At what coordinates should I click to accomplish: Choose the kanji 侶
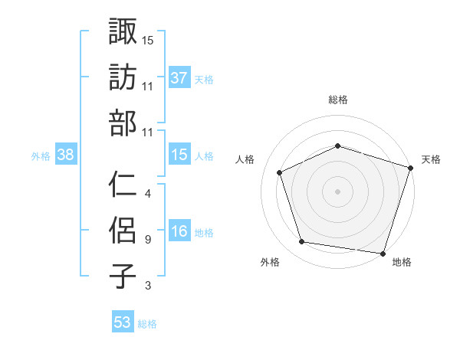123,230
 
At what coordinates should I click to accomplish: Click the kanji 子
123,276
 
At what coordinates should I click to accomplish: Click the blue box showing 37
179,77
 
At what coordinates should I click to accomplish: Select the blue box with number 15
179,155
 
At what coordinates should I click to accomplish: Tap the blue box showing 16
179,231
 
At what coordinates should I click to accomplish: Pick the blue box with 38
66,155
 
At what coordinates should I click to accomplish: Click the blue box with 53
123,322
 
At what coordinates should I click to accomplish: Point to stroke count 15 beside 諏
148,40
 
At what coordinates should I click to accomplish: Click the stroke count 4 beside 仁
147,194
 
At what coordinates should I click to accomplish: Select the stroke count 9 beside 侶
147,240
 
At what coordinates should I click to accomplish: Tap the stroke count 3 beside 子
147,286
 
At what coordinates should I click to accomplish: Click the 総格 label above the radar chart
337,100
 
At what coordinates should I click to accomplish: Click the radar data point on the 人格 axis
279,172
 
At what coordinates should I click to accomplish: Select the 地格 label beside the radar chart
402,263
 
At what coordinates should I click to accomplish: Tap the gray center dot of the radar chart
337,191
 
